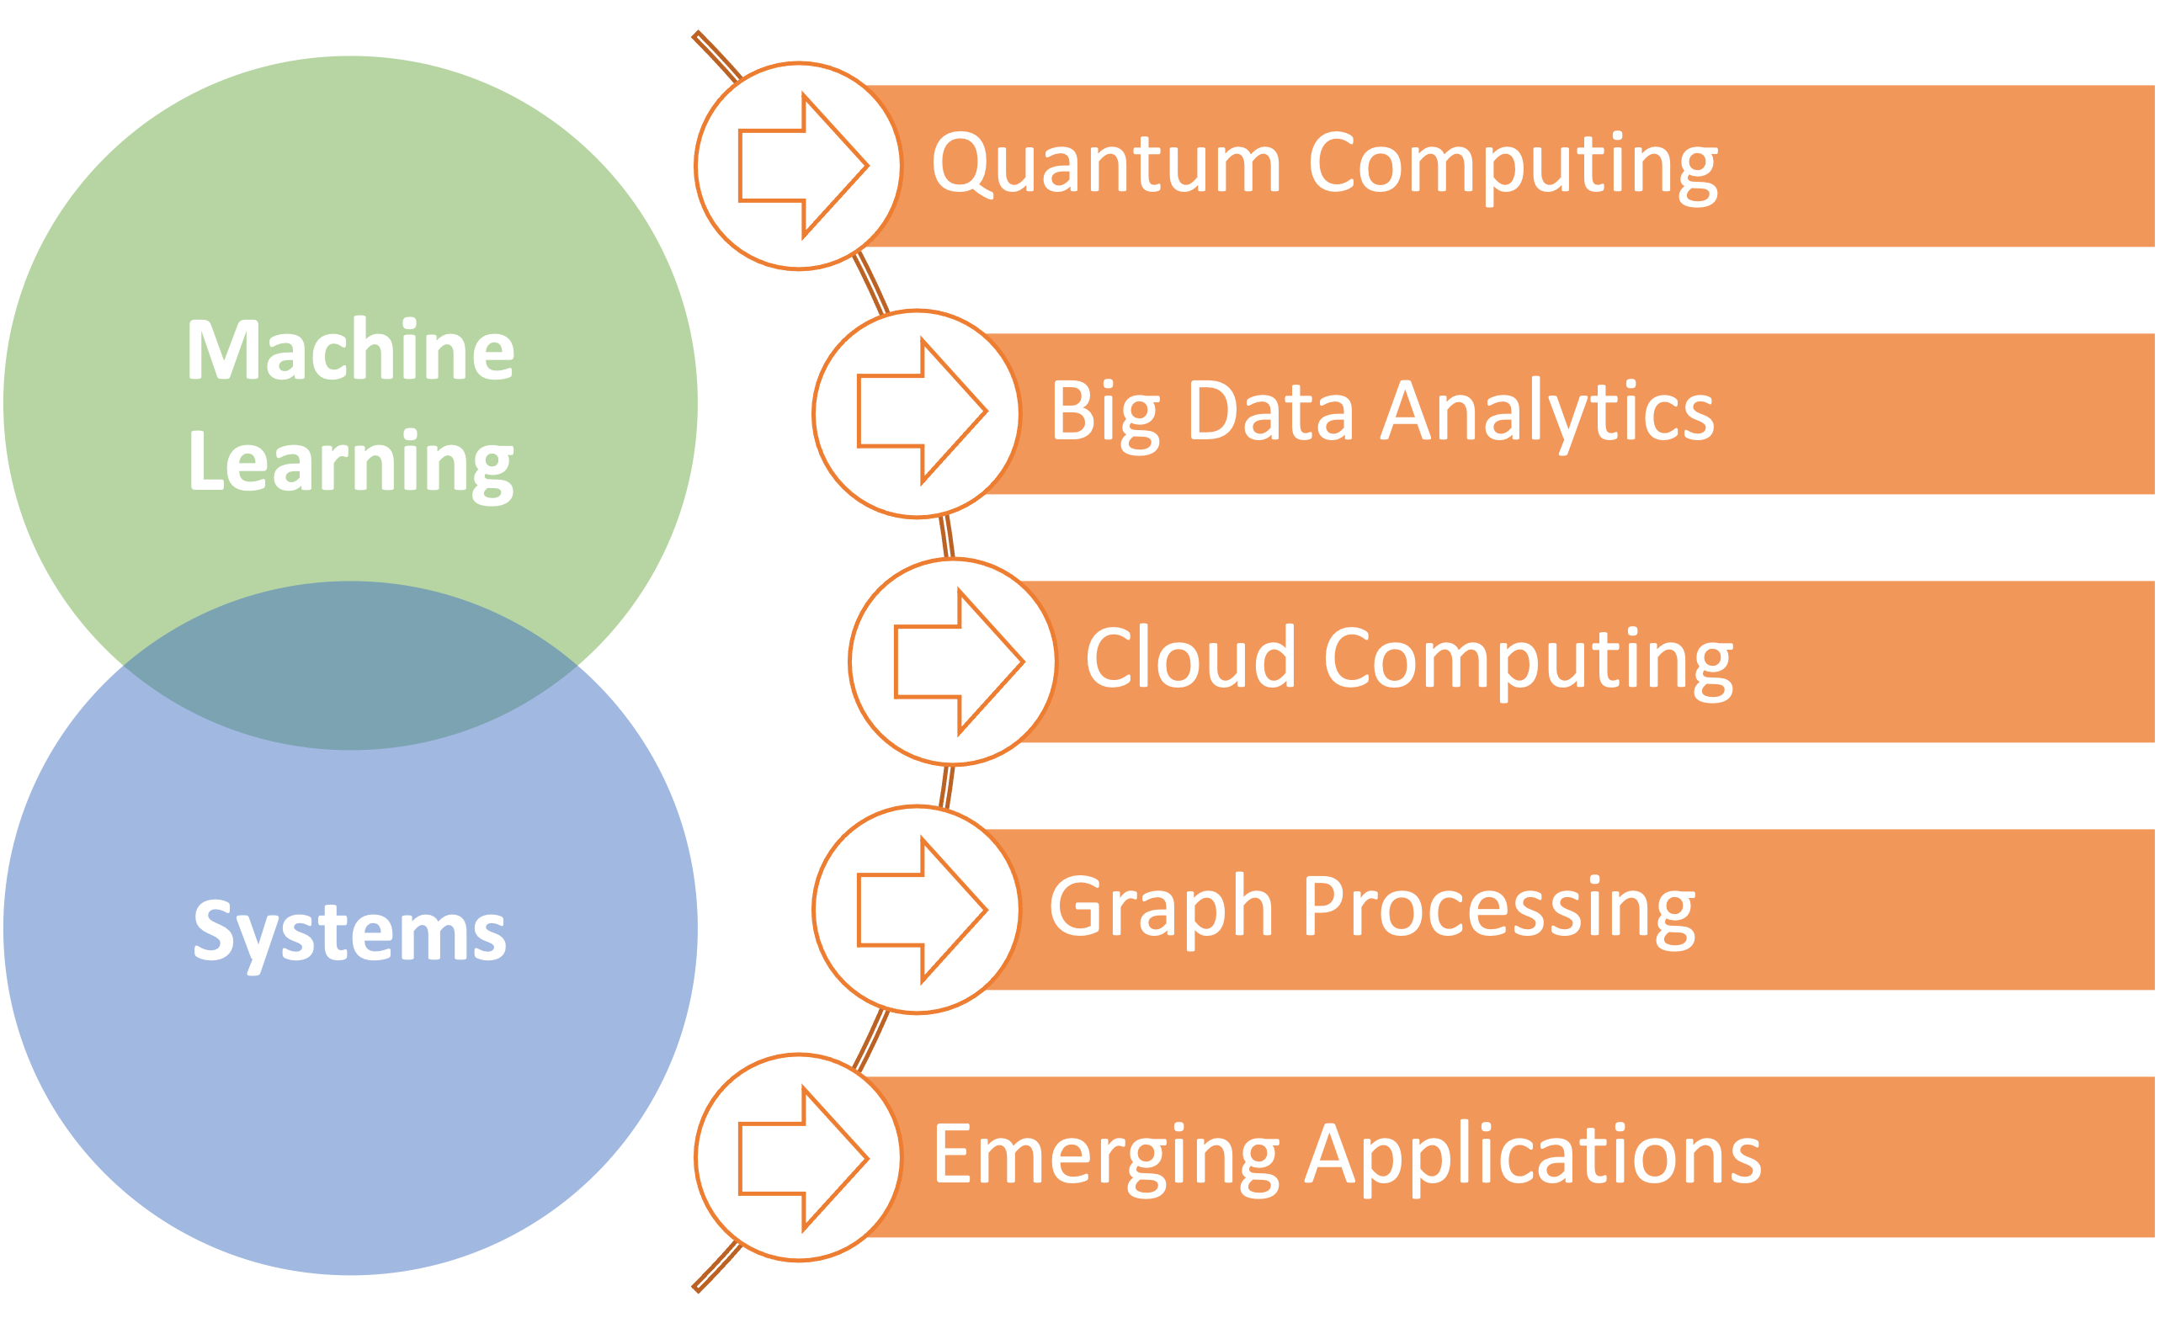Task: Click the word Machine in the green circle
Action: [x=349, y=351]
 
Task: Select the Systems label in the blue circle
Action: [x=349, y=931]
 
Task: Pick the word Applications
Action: [x=1533, y=1157]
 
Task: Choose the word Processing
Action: [x=1498, y=908]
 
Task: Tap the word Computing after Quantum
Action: [x=1512, y=164]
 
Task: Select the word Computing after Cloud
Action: [x=1528, y=660]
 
